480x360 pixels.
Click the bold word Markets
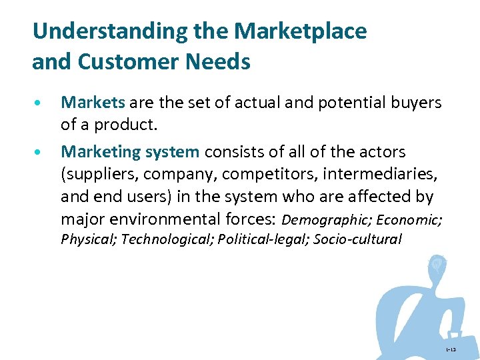pyautogui.click(x=93, y=103)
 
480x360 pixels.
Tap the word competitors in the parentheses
pyautogui.click(x=273, y=175)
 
